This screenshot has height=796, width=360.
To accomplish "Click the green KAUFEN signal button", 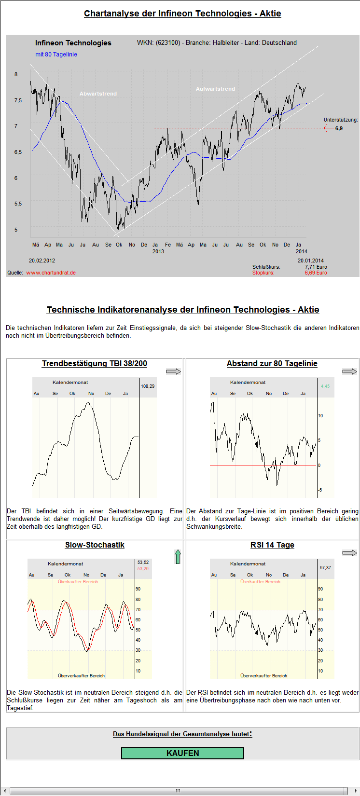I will click(x=182, y=753).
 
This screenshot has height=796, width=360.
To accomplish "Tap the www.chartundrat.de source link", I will click(x=51, y=273).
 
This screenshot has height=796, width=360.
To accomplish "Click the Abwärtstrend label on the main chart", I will click(x=98, y=94).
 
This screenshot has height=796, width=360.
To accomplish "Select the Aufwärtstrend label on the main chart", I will click(x=215, y=89).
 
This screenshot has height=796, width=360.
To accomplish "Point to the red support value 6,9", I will click(x=339, y=128).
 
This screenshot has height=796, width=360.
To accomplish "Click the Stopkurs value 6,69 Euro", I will click(x=316, y=273).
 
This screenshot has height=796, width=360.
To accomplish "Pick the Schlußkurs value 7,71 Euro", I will click(x=316, y=267).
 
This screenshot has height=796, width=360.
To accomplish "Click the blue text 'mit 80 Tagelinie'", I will click(x=56, y=55).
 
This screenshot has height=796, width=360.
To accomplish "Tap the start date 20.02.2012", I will click(x=42, y=261).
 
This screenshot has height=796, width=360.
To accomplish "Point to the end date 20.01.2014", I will click(x=310, y=261).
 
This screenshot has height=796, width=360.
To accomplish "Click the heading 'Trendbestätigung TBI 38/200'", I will click(x=95, y=364).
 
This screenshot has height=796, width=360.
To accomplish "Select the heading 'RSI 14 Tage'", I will click(x=272, y=545).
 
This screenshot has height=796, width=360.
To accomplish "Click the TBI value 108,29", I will click(x=148, y=386).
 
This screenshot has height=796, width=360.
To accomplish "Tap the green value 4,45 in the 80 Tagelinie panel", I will click(x=325, y=386).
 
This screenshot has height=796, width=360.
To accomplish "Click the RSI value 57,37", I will click(x=325, y=568).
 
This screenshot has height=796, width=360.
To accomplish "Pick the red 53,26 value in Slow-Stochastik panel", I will click(x=143, y=569).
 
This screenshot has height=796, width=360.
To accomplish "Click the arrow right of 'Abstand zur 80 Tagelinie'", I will click(x=349, y=371).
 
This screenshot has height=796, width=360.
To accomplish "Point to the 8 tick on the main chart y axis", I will click(x=16, y=74).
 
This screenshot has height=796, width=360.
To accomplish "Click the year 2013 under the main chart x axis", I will click(x=158, y=251).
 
